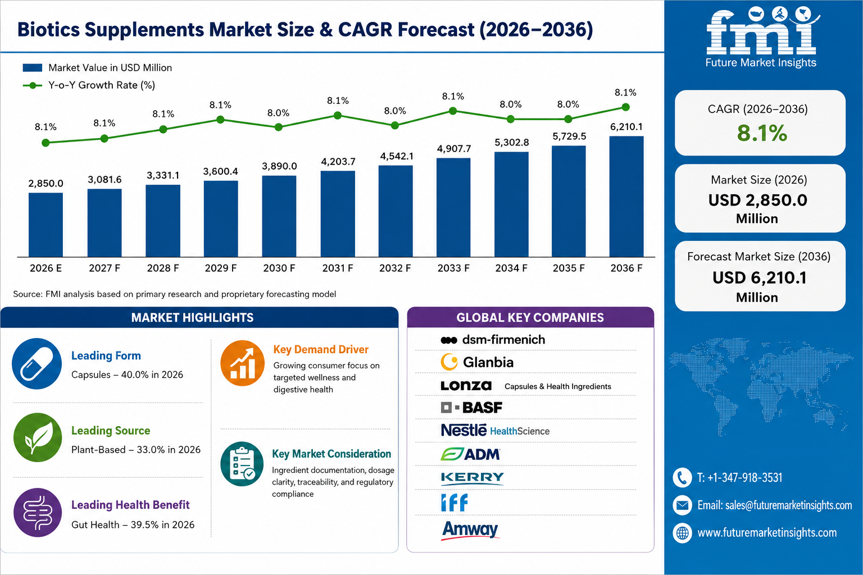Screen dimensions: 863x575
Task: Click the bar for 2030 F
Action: pos(279,216)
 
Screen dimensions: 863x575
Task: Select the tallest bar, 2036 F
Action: pos(626,197)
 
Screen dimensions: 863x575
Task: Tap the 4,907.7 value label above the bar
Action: pos(454,149)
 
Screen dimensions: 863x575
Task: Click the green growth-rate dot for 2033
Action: pos(453,111)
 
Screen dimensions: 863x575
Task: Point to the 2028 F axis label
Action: pos(163,268)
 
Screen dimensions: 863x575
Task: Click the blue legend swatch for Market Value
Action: pos(33,68)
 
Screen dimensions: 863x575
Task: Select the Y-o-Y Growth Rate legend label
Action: pos(102,85)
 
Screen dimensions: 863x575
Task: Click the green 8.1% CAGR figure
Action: pos(762,133)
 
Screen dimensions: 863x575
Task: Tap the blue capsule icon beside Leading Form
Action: pos(37,363)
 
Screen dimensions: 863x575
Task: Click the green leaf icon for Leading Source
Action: pos(38,437)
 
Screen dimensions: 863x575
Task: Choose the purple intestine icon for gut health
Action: pos(38,513)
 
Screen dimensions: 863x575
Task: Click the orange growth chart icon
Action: pos(242,363)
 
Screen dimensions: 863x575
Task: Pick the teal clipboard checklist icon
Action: pos(242,464)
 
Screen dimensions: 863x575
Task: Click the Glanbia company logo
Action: pos(477,362)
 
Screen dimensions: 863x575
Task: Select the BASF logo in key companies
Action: pos(471,408)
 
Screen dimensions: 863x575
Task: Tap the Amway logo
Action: pos(470,530)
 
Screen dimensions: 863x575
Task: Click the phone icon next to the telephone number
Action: pos(682,477)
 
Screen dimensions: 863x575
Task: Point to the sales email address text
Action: pos(775,505)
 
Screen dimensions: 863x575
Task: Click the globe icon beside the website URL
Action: pos(682,533)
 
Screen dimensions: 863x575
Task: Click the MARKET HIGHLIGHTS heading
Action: pos(192,317)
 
